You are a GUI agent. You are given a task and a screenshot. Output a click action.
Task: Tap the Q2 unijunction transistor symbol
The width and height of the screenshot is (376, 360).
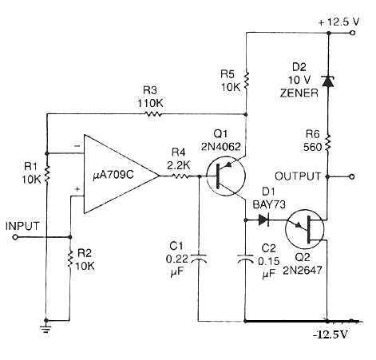click(x=304, y=229)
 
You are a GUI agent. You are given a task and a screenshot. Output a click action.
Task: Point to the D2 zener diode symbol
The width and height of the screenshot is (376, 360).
click(x=328, y=81)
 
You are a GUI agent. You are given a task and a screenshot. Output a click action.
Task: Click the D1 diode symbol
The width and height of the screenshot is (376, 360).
click(x=263, y=220)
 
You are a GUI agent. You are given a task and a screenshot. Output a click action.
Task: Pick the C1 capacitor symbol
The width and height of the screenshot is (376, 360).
click(x=198, y=259)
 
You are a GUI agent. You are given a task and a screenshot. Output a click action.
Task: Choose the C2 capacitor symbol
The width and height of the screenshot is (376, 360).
click(x=245, y=259)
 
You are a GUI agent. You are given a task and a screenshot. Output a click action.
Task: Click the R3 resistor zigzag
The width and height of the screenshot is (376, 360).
click(x=152, y=114)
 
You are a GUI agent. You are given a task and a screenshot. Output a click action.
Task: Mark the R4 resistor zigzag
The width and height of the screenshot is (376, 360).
click(x=181, y=176)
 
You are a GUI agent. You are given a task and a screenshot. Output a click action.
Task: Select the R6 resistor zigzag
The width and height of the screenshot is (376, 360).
click(x=328, y=143)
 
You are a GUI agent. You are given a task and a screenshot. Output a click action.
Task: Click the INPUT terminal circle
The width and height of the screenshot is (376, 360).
click(x=15, y=237)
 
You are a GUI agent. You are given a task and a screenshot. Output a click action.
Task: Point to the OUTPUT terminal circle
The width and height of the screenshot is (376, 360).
click(x=352, y=176)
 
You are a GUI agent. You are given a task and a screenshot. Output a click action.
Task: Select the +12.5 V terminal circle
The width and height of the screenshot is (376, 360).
click(x=353, y=33)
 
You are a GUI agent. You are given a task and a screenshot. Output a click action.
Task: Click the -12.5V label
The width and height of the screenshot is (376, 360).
click(x=330, y=334)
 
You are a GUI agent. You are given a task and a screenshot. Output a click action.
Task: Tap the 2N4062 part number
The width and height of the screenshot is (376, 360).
click(x=221, y=147)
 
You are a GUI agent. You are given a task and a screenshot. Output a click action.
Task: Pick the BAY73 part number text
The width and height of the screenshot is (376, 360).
click(x=269, y=204)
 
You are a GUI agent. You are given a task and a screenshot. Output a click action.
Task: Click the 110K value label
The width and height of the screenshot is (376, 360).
click(x=150, y=103)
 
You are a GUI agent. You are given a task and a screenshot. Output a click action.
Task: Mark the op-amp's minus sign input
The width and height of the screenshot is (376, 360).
click(x=77, y=146)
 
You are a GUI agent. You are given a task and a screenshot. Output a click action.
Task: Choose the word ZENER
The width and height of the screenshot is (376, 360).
click(x=299, y=93)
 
